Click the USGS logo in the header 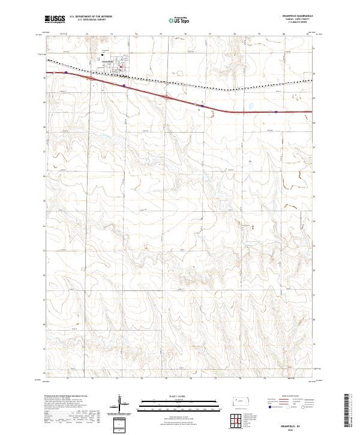[55, 19]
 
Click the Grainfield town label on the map [109, 62]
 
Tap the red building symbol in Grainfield [120, 67]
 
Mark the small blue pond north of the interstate [250, 109]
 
